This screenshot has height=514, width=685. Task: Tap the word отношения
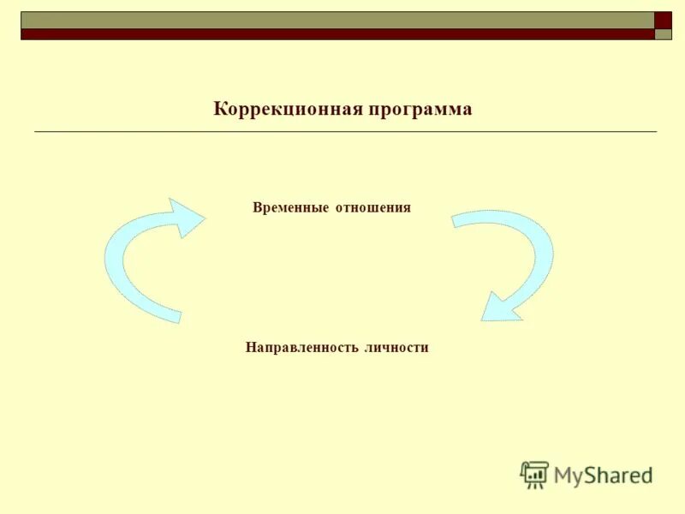373,208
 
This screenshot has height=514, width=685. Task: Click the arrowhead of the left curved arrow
187,218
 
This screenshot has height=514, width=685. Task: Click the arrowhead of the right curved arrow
498,307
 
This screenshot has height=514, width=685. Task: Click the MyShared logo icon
534,474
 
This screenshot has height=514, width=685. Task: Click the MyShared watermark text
603,475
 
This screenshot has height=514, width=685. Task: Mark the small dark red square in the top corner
664,21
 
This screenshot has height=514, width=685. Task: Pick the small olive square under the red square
664,35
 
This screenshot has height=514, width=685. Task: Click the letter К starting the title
219,110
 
